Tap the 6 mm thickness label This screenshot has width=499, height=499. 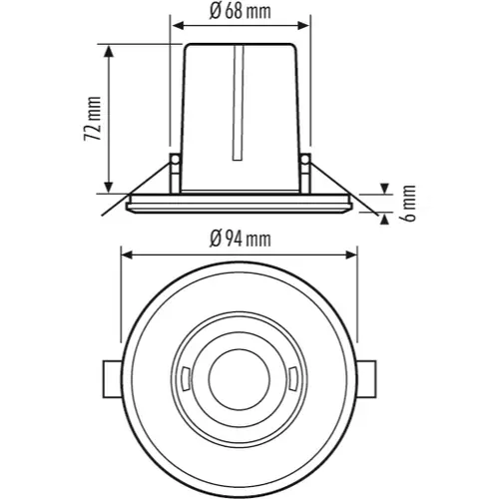click(408, 203)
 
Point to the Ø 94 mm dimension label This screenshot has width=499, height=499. click(240, 237)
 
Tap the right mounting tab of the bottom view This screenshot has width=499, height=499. click(369, 380)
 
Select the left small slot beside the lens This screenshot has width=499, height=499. click(187, 380)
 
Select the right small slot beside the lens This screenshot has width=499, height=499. click(292, 380)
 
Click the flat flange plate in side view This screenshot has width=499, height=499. click(240, 204)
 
